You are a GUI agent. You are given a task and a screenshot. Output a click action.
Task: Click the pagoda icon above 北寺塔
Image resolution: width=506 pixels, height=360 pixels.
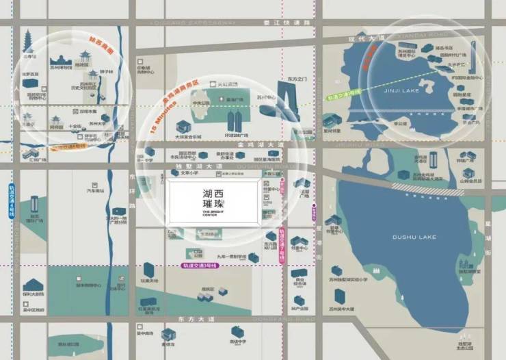click(28, 41)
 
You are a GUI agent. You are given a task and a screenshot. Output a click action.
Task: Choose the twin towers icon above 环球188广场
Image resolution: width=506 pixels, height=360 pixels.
click(235, 123)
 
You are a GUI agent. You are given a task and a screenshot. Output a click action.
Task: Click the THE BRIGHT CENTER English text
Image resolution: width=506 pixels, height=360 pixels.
click(213, 213)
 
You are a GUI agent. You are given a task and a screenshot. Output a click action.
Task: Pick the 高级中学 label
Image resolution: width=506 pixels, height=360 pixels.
click(239, 342)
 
